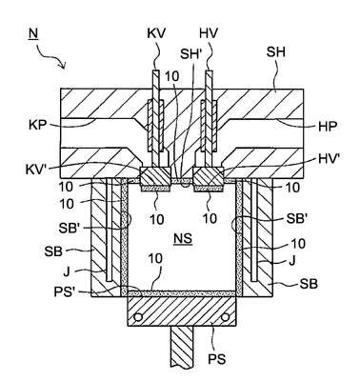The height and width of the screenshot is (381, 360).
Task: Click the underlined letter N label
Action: point(33,33)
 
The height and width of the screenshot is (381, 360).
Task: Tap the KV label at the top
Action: point(156,33)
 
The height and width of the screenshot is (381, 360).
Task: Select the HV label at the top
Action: point(209,33)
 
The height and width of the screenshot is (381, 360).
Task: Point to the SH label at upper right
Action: point(276,52)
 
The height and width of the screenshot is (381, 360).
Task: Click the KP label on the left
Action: point(37,125)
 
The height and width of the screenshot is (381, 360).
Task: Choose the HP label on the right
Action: point(328,127)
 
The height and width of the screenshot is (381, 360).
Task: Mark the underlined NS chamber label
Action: point(183,238)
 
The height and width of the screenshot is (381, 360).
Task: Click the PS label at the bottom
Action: point(217,359)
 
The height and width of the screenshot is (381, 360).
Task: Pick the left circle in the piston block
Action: point(138,317)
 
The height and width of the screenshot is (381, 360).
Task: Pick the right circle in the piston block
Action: point(225,317)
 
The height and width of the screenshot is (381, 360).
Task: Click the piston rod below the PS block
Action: point(182,346)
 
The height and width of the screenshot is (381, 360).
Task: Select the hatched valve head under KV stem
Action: point(155,176)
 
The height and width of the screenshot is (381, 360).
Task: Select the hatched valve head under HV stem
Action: point(209,176)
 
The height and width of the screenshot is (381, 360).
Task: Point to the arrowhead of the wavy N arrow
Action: point(65,68)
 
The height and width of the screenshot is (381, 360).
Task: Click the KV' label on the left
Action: point(36,170)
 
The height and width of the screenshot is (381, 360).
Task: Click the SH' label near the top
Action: point(191,54)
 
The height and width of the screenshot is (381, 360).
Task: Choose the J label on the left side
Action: point(67,272)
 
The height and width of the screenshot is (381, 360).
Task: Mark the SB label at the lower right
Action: point(309,284)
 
